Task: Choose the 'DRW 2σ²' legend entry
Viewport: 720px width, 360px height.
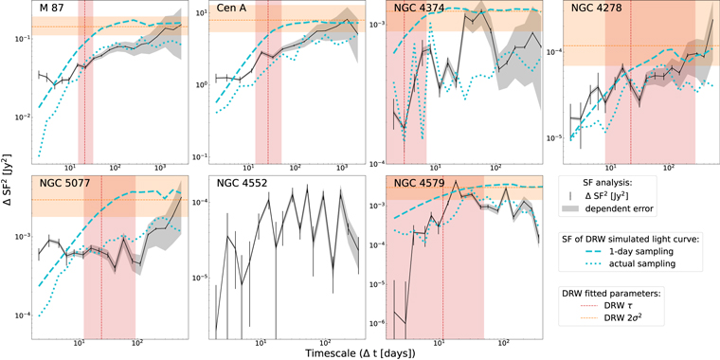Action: pyautogui.click(x=636, y=317)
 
